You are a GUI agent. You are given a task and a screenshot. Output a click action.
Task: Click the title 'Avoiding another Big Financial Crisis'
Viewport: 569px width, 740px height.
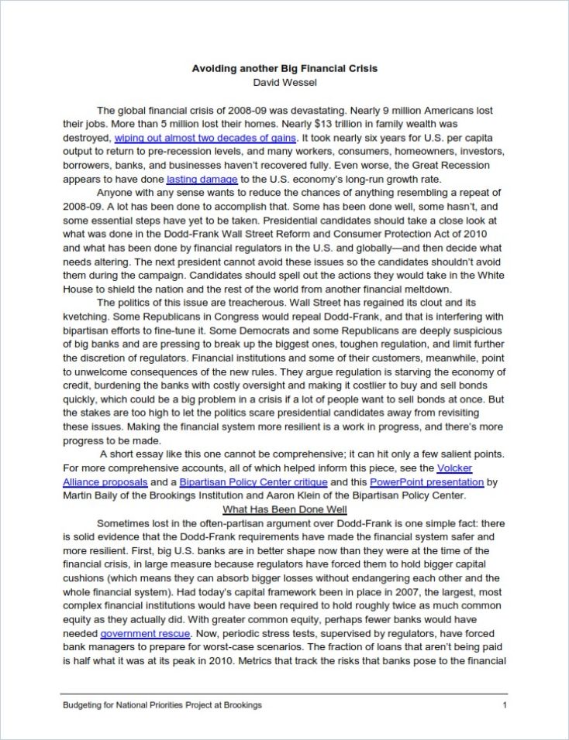pyautogui.click(x=284, y=68)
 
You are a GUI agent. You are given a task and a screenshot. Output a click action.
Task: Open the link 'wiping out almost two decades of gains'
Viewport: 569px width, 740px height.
pyautogui.click(x=205, y=137)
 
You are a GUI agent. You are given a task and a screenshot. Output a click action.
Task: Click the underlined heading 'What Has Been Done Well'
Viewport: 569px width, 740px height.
pyautogui.click(x=284, y=509)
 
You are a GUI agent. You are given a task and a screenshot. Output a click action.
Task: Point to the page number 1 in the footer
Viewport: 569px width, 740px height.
pyautogui.click(x=505, y=705)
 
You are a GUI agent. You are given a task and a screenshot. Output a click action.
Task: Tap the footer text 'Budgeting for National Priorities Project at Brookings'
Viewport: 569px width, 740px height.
pyautogui.click(x=162, y=705)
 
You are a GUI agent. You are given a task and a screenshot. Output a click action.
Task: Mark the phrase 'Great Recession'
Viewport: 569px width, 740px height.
pyautogui.click(x=451, y=165)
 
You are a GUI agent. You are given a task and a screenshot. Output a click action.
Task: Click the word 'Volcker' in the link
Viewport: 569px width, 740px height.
pyautogui.click(x=454, y=468)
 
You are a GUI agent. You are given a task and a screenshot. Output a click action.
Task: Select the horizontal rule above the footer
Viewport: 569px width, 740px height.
pyautogui.click(x=284, y=694)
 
